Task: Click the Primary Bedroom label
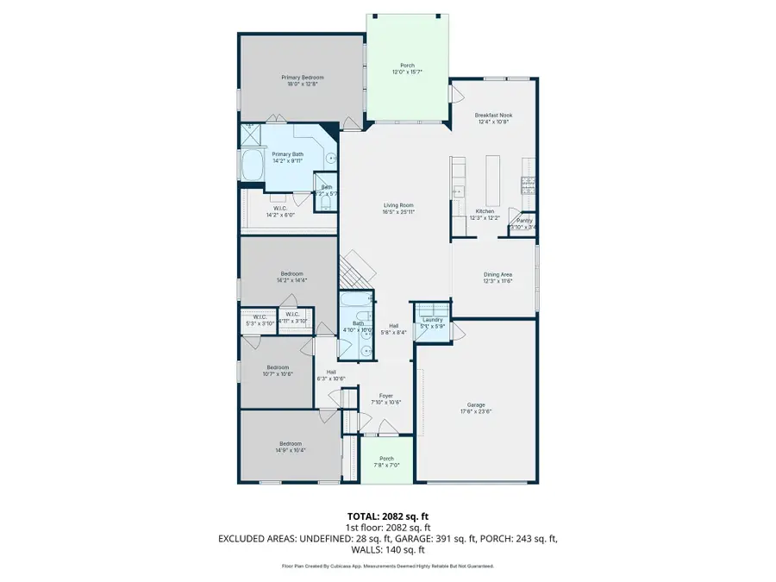300,78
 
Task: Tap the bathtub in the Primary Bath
253,166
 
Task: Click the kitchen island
493,177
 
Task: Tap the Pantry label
524,221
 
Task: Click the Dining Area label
498,274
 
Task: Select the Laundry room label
432,320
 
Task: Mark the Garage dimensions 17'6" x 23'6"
476,411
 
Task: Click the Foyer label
386,396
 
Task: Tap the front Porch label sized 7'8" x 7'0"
386,459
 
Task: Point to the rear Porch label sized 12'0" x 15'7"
407,66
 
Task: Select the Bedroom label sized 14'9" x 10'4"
291,443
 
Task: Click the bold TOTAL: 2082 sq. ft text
387,517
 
